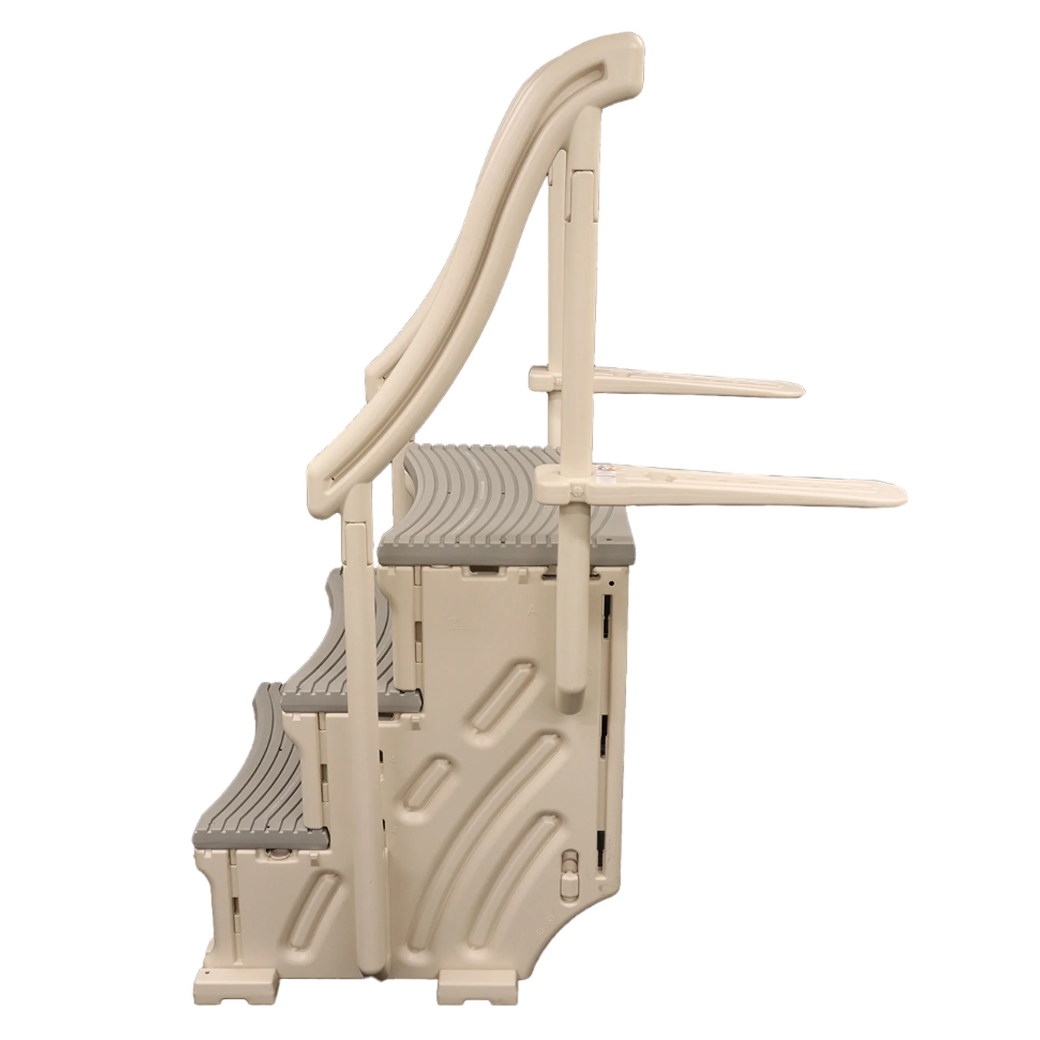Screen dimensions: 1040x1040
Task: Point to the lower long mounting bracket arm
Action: pos(753,487)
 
